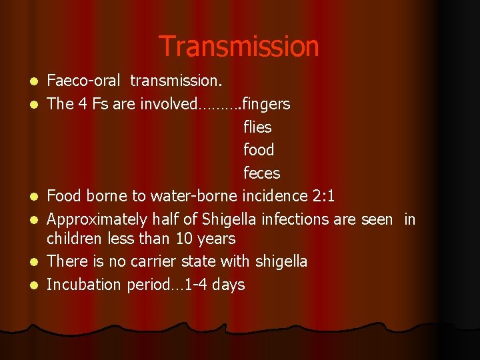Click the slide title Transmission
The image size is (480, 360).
click(239, 47)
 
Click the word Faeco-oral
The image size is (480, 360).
click(84, 81)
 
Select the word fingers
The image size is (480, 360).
click(266, 104)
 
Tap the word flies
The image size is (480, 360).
click(257, 127)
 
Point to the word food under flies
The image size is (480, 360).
click(259, 150)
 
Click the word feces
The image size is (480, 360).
click(261, 173)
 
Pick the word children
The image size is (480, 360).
click(74, 239)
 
